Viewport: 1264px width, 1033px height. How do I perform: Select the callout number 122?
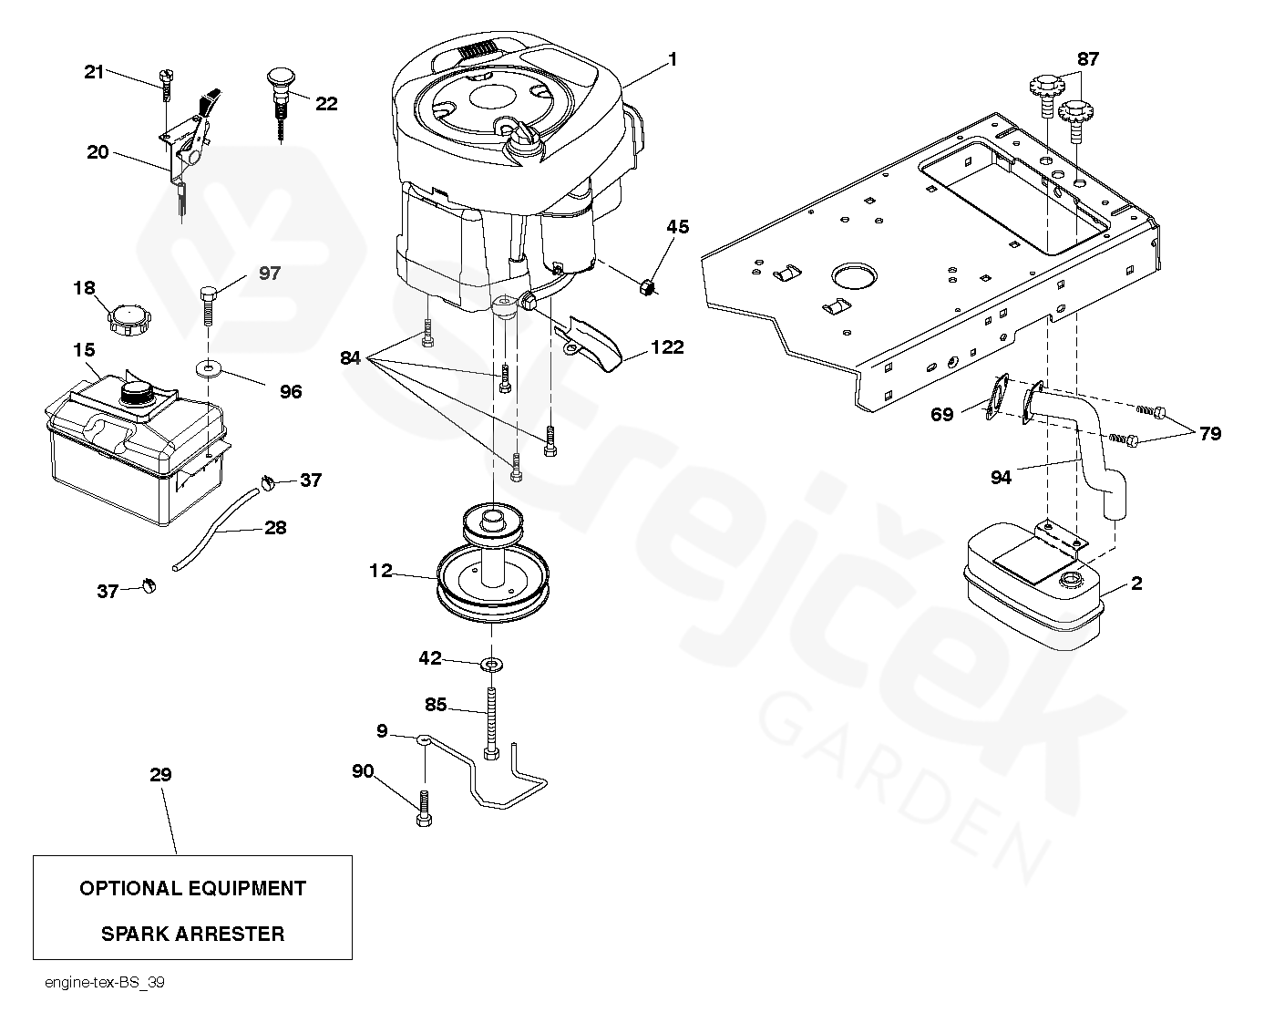pyautogui.click(x=667, y=347)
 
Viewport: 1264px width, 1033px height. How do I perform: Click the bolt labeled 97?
pyautogui.click(x=207, y=305)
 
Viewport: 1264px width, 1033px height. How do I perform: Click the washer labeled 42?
pyautogui.click(x=491, y=661)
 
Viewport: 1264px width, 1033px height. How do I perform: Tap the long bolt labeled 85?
pyautogui.click(x=491, y=720)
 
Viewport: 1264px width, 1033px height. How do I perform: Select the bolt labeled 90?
pyautogui.click(x=424, y=807)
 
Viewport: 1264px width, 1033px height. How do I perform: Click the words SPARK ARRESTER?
pyautogui.click(x=192, y=934)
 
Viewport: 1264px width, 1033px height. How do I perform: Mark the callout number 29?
pyautogui.click(x=160, y=775)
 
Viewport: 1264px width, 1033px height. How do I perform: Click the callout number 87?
pyautogui.click(x=1088, y=59)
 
